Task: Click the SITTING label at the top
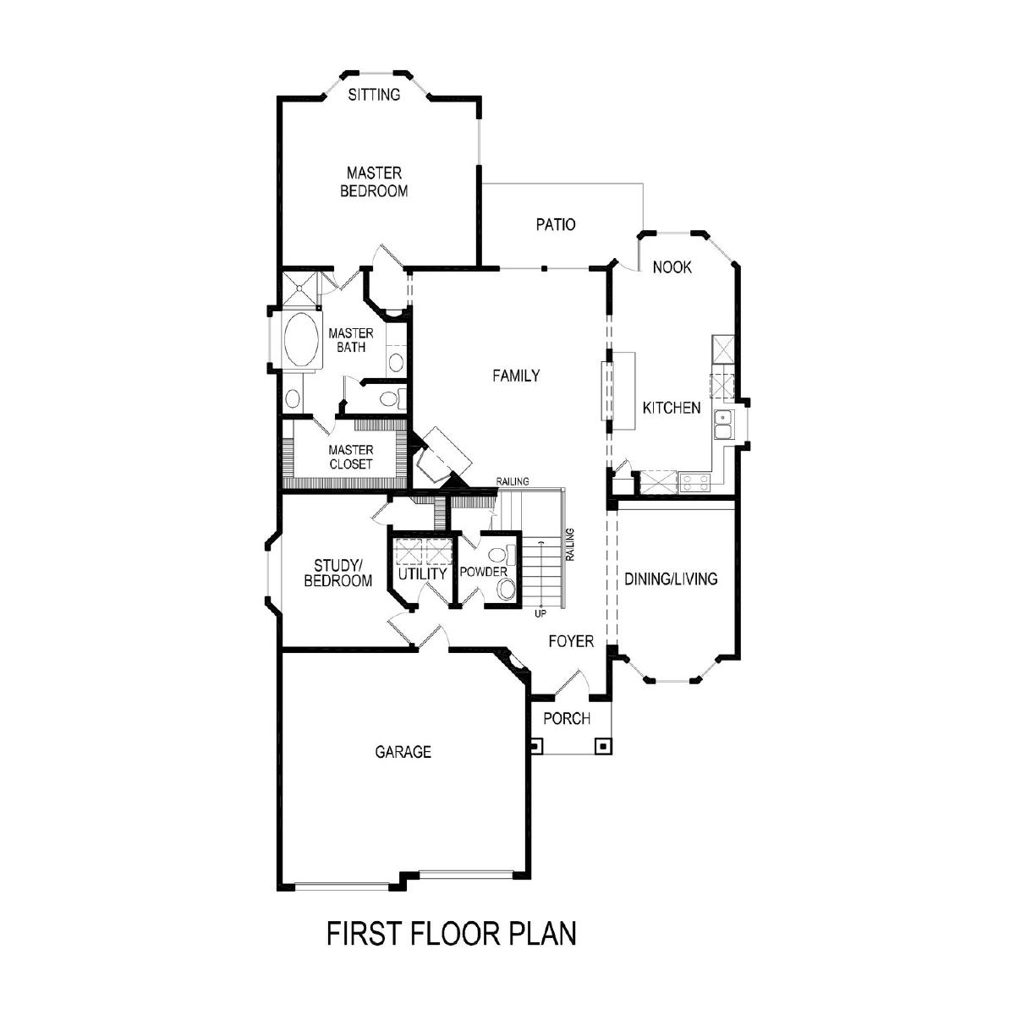374,94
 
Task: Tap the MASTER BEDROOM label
374,182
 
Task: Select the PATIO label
556,224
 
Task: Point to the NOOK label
672,267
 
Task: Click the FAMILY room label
516,376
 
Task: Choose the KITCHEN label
672,408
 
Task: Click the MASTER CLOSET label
351,457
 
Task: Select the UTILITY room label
422,573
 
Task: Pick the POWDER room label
484,572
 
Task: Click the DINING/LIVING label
671,579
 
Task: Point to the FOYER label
571,641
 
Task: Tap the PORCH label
567,718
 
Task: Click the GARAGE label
403,752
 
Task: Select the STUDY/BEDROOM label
338,573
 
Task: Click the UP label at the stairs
540,613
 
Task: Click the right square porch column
602,746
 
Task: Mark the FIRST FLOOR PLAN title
452,933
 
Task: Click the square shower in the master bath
300,288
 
